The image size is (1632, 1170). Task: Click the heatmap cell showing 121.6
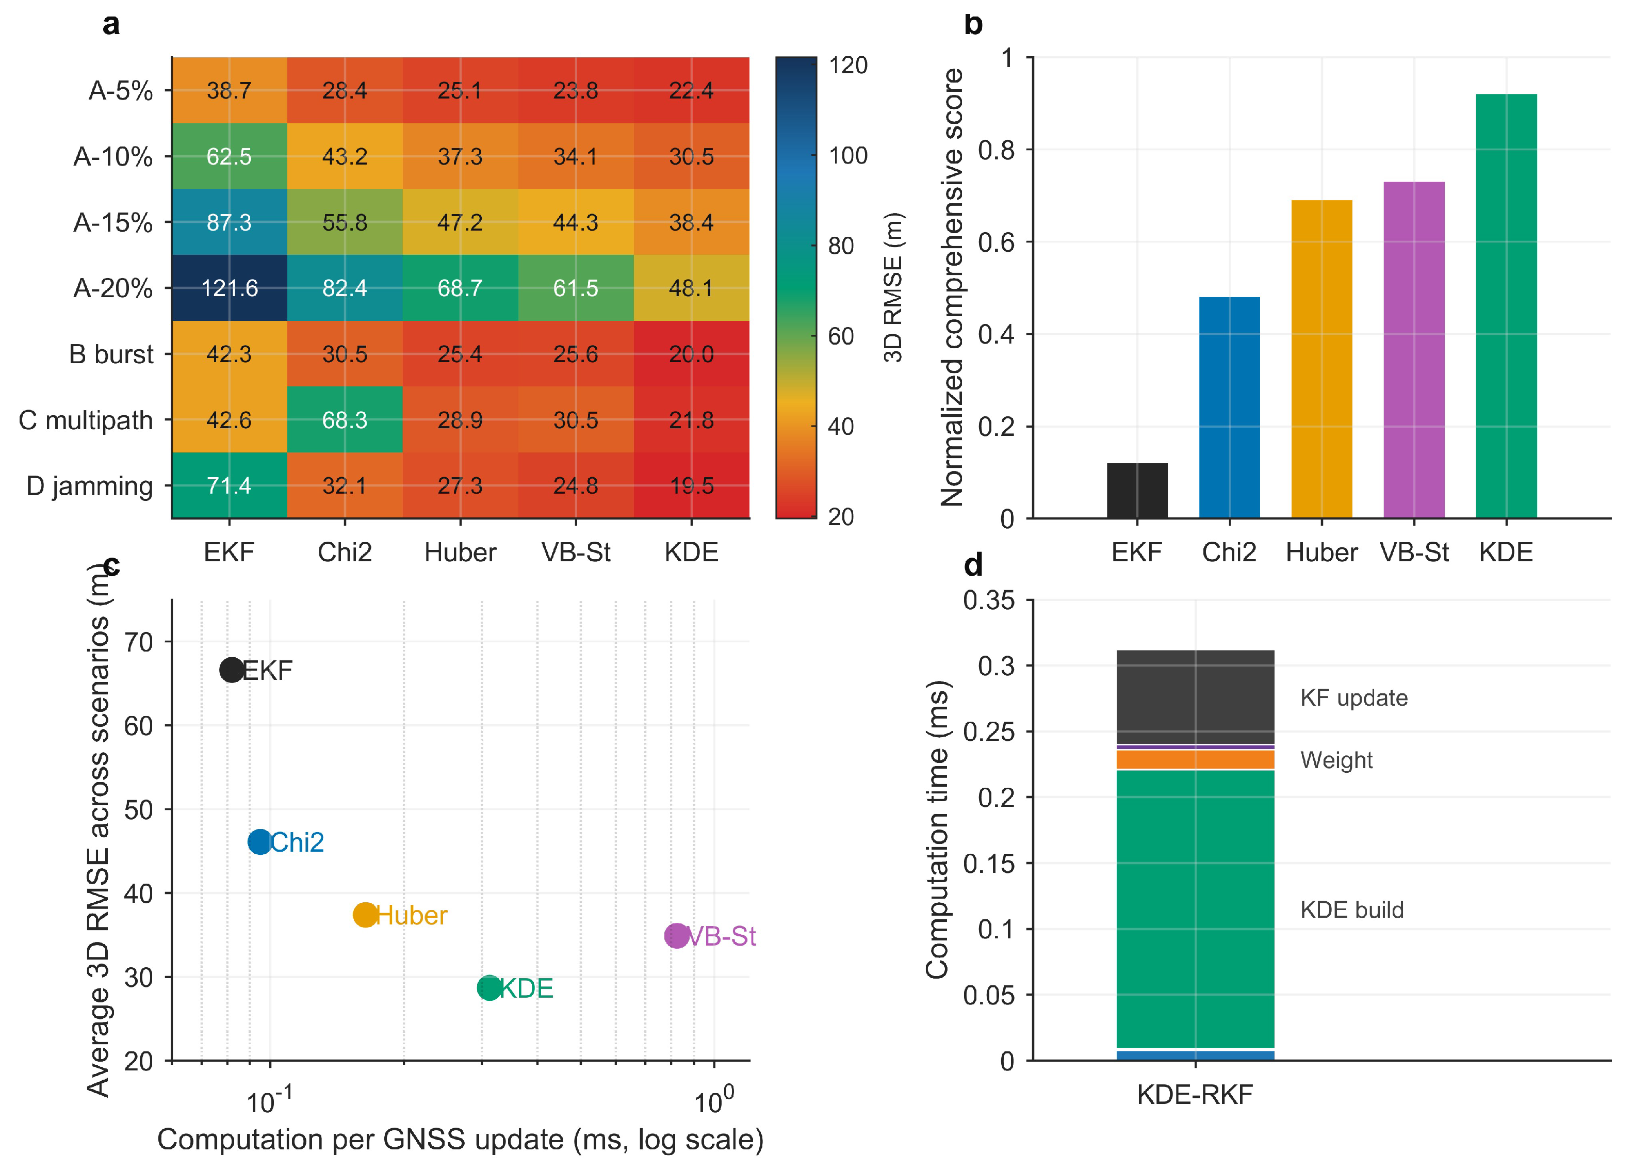(230, 288)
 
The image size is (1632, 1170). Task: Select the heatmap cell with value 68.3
(345, 419)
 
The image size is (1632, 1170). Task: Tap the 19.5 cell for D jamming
(692, 486)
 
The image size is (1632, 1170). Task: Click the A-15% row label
(113, 222)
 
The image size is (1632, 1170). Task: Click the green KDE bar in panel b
(1506, 306)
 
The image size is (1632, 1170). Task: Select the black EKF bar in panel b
(1137, 491)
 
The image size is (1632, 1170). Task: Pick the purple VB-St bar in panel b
(1414, 350)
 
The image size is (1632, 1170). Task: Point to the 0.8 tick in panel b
(997, 150)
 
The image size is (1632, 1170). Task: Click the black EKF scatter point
(232, 670)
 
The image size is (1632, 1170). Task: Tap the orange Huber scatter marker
(366, 915)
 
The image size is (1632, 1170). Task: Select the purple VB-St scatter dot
(676, 935)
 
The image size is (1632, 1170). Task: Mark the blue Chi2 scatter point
(260, 841)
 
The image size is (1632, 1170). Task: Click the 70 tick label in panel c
(139, 642)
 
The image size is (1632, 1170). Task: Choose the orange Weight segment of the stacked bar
(1195, 760)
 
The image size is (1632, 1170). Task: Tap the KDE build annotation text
(1351, 909)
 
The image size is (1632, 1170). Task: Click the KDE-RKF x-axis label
(1195, 1095)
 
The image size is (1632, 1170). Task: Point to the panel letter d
(973, 566)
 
